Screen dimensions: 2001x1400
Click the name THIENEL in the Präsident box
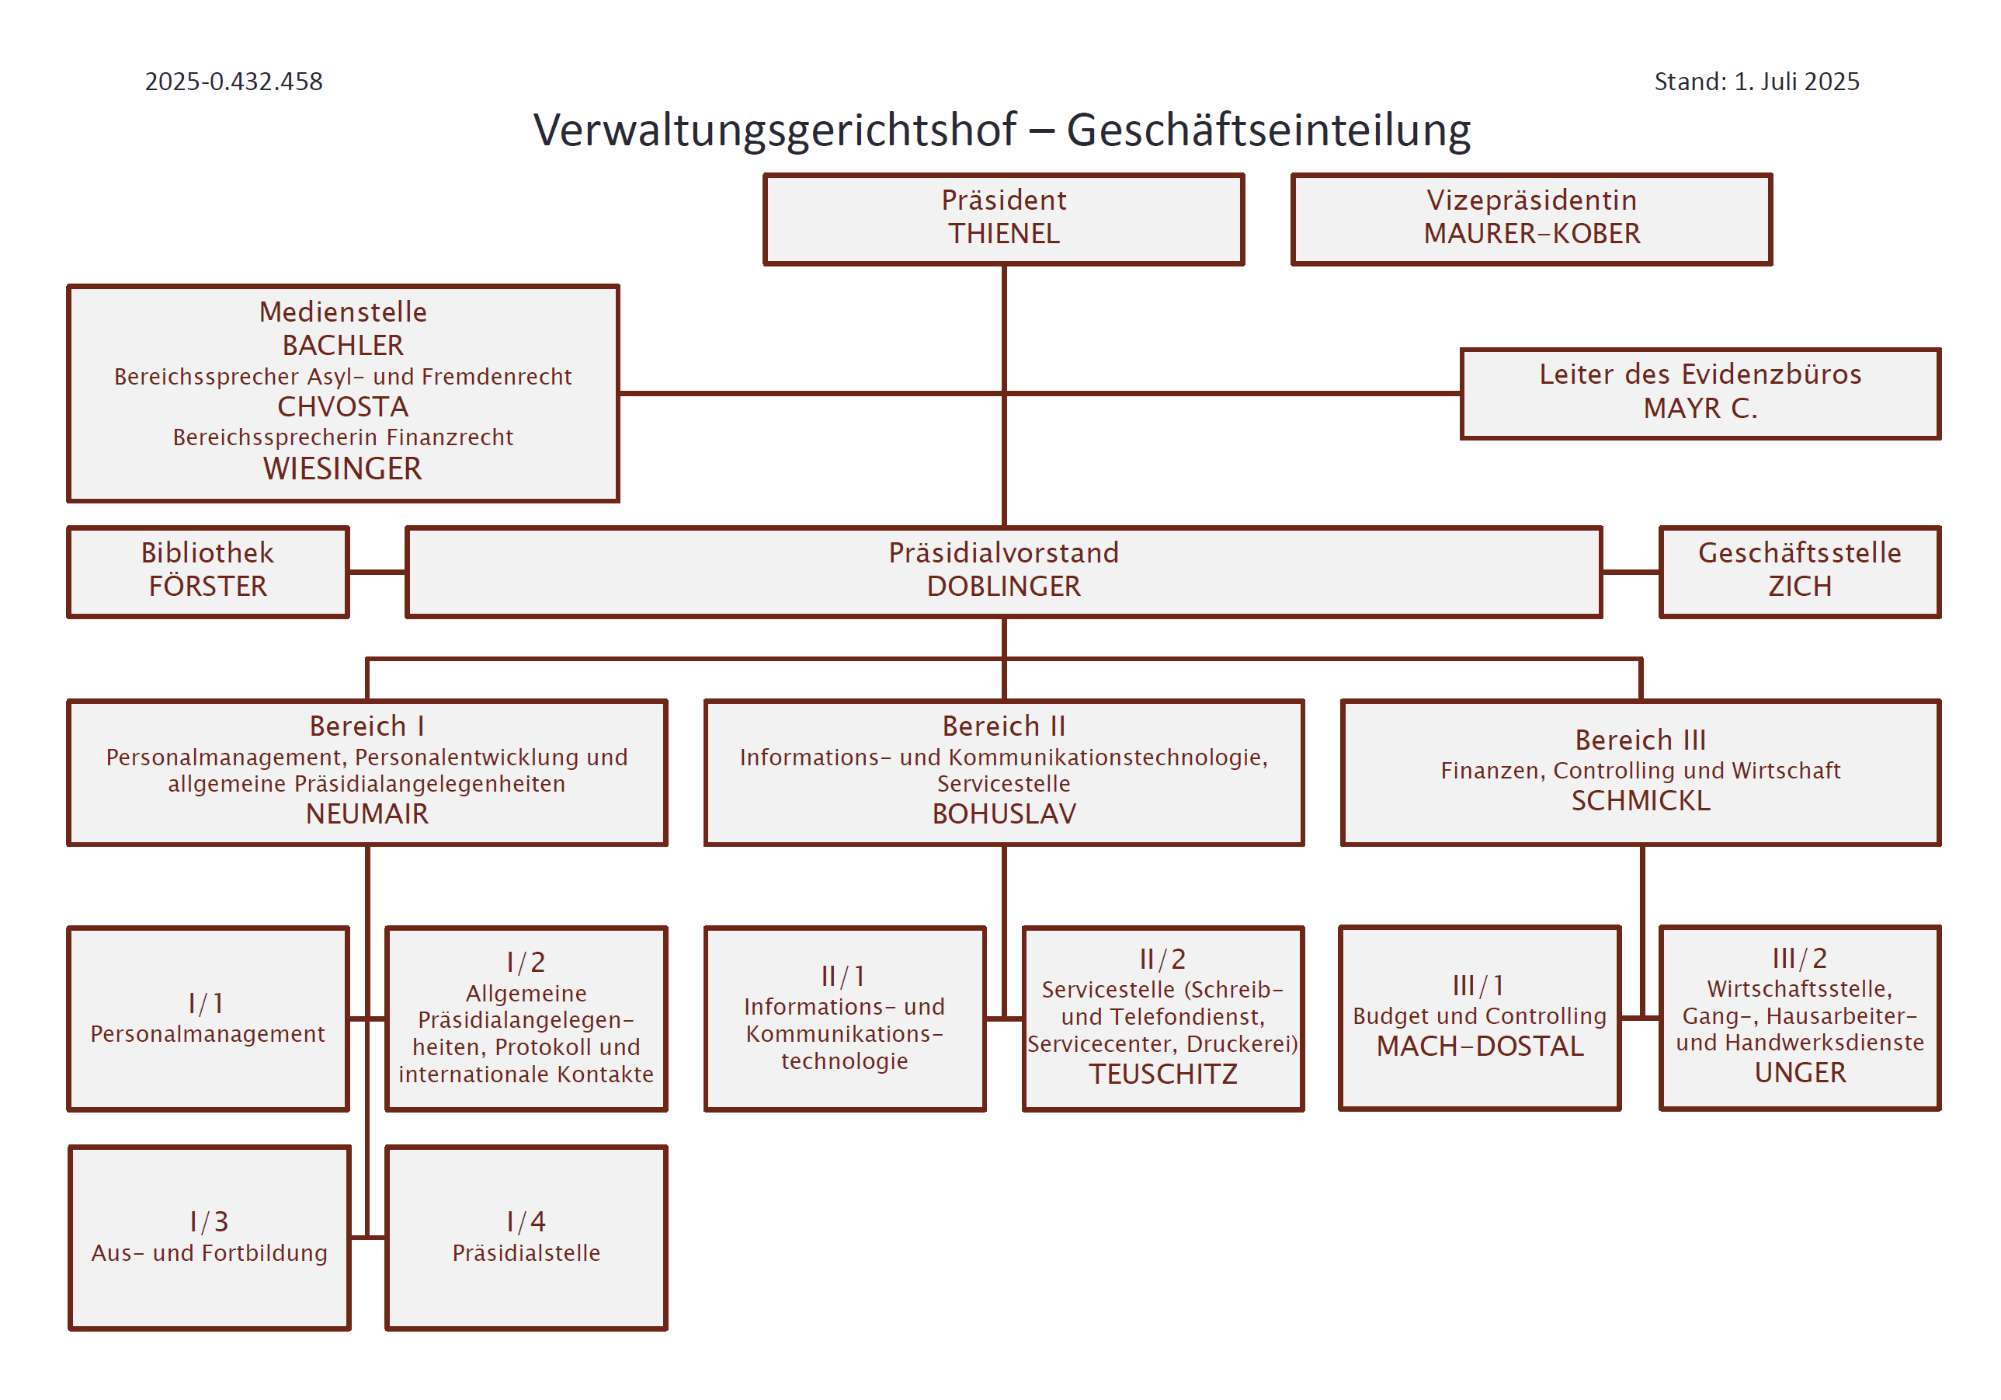click(x=1004, y=234)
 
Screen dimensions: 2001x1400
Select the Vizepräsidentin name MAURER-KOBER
click(x=1531, y=234)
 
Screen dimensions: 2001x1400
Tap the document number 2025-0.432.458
click(x=234, y=81)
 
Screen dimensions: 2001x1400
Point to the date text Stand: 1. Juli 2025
click(x=1756, y=81)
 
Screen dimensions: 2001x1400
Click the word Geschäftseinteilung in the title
click(x=1268, y=130)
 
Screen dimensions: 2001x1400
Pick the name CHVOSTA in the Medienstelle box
click(x=342, y=407)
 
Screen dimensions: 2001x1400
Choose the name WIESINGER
click(x=342, y=469)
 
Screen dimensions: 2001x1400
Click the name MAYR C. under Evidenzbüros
click(x=1701, y=408)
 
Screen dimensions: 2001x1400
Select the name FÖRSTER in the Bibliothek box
click(x=208, y=586)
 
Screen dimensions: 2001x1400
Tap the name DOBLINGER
click(x=1004, y=586)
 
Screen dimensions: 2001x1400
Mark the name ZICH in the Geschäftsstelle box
click(x=1800, y=586)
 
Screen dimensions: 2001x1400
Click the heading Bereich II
click(x=1004, y=726)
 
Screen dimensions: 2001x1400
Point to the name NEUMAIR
click(x=367, y=813)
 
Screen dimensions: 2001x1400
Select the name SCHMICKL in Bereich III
click(x=1640, y=800)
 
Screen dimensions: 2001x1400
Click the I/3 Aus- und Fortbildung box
click(x=209, y=1237)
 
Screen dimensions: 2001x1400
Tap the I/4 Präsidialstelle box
click(x=526, y=1237)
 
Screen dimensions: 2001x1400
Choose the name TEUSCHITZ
click(x=1162, y=1074)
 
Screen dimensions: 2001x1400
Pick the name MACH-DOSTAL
click(x=1480, y=1046)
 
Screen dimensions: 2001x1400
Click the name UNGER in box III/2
click(x=1800, y=1072)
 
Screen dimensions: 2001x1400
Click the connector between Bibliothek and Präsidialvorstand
click(x=377, y=572)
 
